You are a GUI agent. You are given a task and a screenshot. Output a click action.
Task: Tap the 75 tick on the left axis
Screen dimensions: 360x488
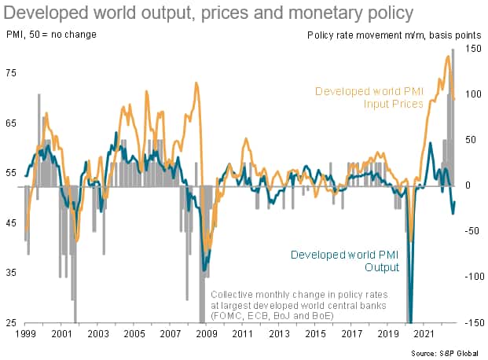coord(10,73)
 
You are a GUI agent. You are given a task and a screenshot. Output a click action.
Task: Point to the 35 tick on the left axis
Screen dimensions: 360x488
coord(10,273)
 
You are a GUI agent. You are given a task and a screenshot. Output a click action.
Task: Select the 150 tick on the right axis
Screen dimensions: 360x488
coord(471,49)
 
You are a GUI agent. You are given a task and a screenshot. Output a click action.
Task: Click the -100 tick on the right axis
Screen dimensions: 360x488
coord(469,277)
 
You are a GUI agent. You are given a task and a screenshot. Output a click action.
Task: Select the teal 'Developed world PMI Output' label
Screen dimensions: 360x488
coord(345,261)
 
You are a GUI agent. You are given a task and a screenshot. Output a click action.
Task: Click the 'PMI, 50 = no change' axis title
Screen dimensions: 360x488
coord(46,34)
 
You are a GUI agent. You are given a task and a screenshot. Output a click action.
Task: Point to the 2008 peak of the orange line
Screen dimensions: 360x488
coord(196,83)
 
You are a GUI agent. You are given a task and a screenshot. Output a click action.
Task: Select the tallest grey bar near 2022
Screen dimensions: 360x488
coord(453,50)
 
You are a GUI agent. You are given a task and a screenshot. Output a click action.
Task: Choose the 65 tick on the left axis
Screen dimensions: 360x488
coord(10,123)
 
